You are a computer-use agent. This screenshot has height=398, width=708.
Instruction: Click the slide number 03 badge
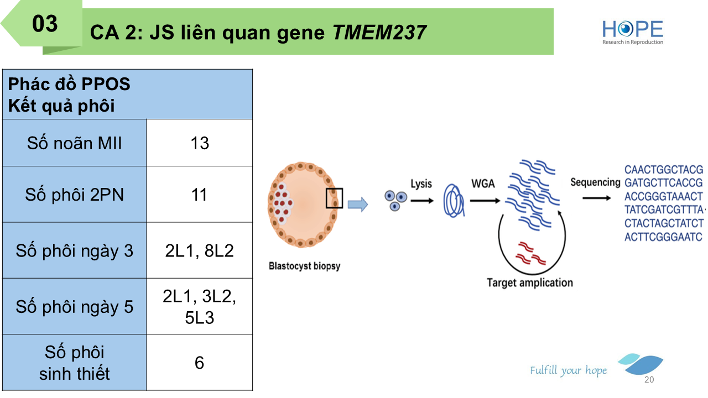point(45,24)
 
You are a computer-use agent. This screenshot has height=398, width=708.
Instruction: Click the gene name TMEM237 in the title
point(379,33)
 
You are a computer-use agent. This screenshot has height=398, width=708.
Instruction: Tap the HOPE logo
point(632,32)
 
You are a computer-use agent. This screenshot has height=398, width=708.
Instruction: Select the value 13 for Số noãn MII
point(200,143)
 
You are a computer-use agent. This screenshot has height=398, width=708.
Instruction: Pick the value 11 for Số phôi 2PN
point(200,195)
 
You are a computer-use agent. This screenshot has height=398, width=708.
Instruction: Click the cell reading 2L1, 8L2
point(200,250)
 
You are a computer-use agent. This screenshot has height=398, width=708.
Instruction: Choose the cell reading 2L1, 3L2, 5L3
point(200,307)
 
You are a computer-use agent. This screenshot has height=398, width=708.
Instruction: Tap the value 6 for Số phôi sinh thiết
point(200,363)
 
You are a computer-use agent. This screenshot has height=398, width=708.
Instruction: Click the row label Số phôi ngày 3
point(75,251)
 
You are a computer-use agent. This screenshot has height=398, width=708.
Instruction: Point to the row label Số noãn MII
point(75,143)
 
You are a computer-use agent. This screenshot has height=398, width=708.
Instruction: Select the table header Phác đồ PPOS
point(69,84)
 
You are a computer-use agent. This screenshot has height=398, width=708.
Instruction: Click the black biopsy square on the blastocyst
point(334,198)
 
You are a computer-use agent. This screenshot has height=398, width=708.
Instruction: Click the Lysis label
point(421,184)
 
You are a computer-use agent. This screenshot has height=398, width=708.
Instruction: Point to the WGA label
point(483,184)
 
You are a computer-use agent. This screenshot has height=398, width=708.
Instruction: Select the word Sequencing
point(595,182)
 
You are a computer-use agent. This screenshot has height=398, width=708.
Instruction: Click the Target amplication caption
point(529,283)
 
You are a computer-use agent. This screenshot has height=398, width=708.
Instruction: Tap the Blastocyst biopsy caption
point(304,266)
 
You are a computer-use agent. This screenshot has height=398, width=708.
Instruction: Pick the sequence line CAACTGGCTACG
point(664,169)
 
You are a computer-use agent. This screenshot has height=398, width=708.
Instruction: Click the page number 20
point(649,380)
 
